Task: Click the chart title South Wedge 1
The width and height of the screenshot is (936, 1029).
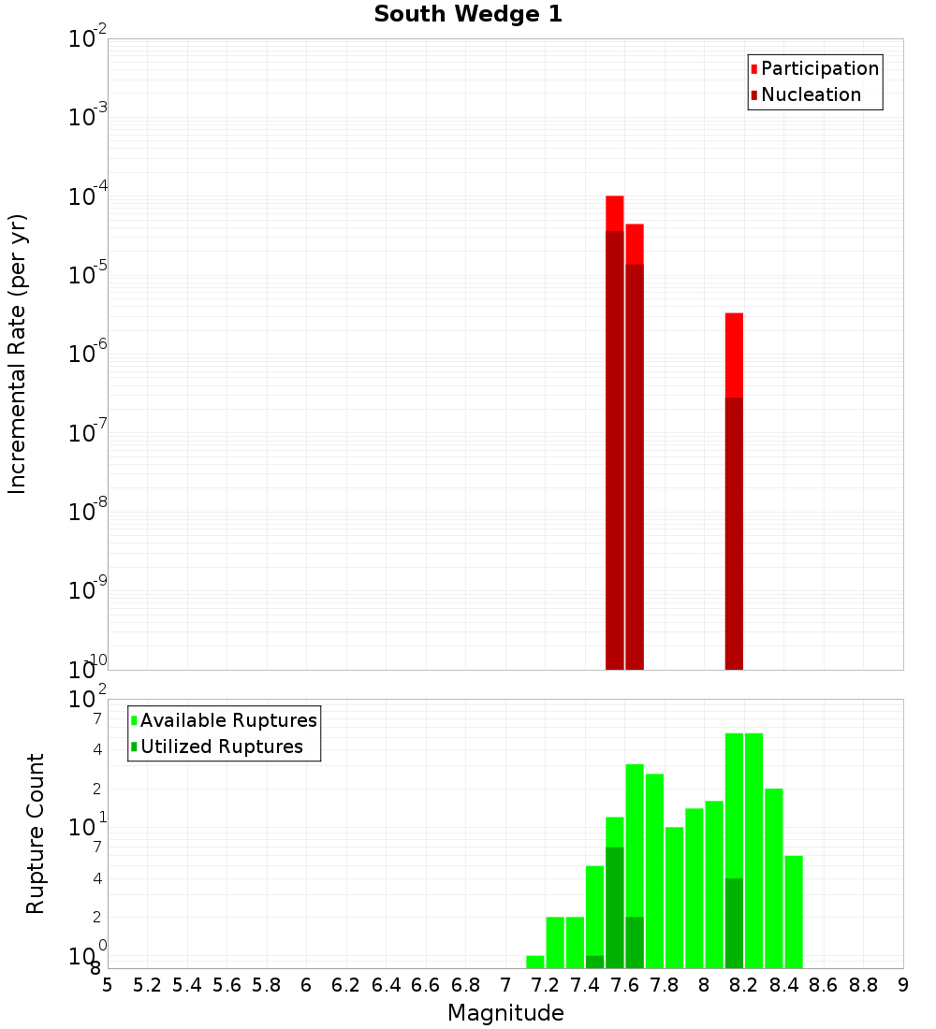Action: coord(468,15)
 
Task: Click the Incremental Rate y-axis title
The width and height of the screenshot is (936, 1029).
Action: coord(18,354)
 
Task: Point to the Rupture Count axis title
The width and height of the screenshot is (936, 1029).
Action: coord(36,833)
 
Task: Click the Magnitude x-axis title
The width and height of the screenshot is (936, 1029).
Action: coord(505,1013)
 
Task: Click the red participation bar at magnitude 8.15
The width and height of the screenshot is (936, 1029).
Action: coord(734,355)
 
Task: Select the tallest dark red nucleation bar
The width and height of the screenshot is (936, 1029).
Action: coord(615,449)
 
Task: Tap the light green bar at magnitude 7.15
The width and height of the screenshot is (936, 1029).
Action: coord(535,962)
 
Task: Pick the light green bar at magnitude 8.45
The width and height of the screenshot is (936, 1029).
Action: coord(794,912)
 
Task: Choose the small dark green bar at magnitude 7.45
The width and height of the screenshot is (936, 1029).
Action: coord(594,962)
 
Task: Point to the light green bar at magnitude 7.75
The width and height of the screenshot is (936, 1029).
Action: coord(654,870)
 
